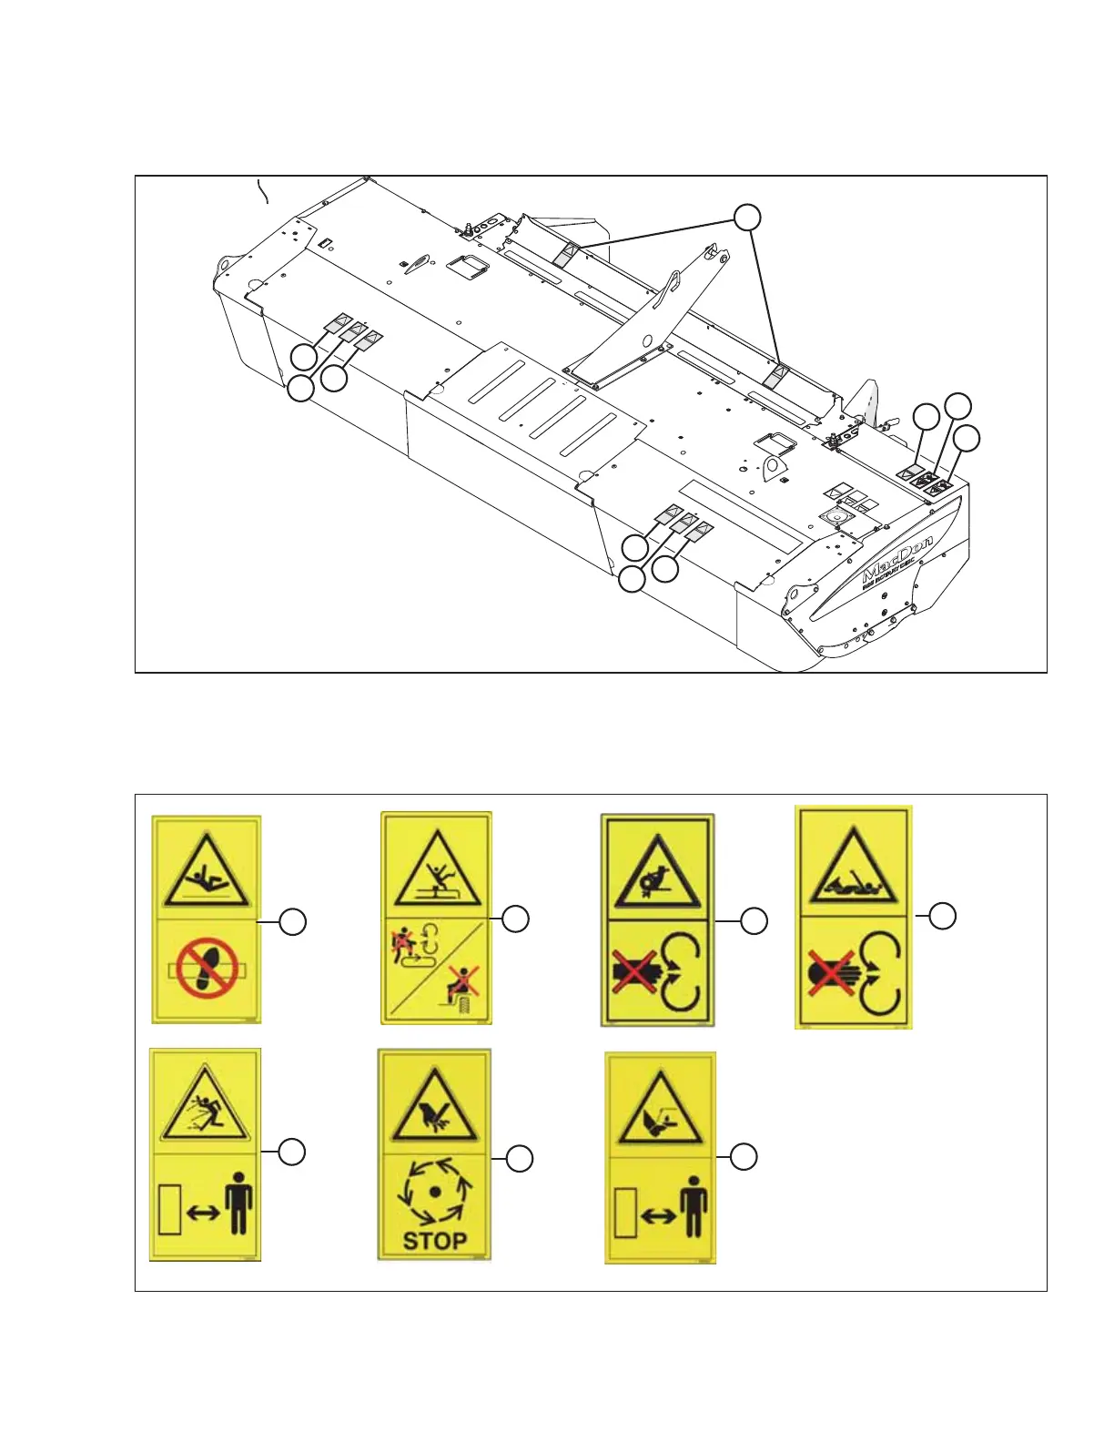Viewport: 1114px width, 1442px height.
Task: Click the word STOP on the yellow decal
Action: (x=435, y=1240)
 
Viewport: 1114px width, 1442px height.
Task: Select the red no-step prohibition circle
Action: (x=207, y=968)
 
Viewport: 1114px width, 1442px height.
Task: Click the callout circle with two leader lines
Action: (x=747, y=218)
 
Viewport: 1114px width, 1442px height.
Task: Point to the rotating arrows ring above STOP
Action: (x=435, y=1190)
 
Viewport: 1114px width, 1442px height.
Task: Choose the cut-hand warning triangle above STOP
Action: (x=434, y=1110)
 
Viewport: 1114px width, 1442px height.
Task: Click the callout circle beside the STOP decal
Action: (x=519, y=1159)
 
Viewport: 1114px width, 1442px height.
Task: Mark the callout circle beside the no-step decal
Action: (x=292, y=921)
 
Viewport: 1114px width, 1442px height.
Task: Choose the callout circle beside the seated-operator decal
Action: (x=516, y=919)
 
